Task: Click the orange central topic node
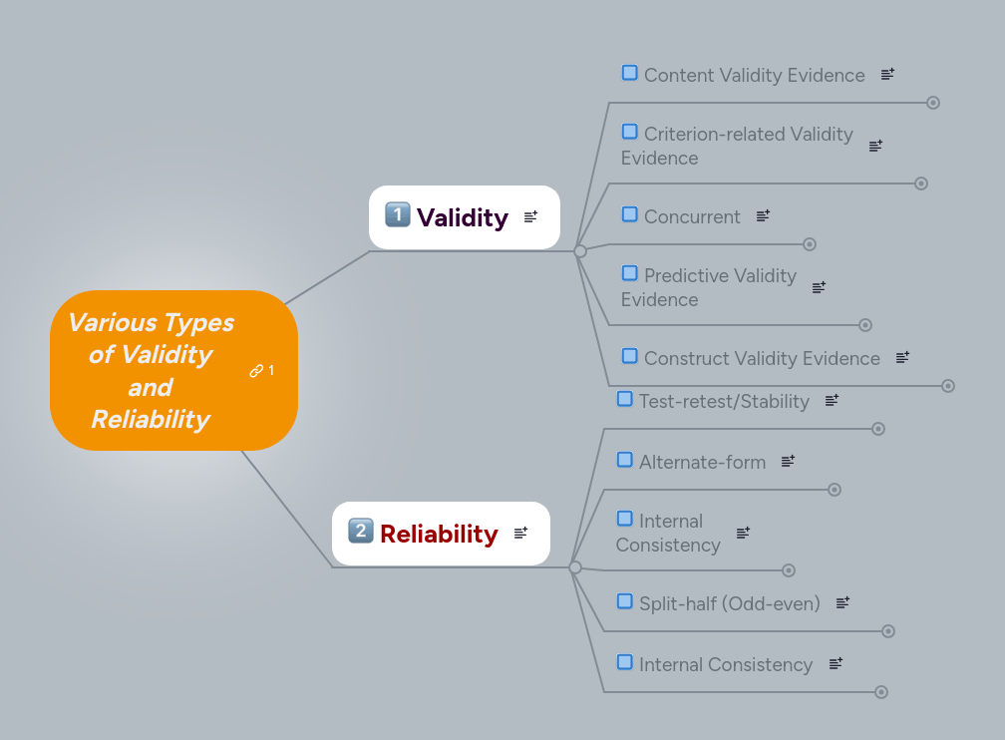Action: (x=150, y=370)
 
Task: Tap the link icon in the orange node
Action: (x=256, y=371)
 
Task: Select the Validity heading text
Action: (x=463, y=217)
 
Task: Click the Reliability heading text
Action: (x=439, y=534)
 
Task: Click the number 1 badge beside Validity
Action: (x=397, y=214)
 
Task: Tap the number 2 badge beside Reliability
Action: (x=360, y=531)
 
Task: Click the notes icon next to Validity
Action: (x=530, y=216)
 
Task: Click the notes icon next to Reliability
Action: (x=520, y=534)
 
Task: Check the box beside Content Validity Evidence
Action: (x=630, y=73)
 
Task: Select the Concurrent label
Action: (x=692, y=216)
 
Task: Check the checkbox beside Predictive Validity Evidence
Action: (x=630, y=273)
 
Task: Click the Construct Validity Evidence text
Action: (x=762, y=358)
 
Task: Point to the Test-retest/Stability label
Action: (x=724, y=401)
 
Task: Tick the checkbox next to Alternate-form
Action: (x=625, y=460)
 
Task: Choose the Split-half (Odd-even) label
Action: (x=729, y=603)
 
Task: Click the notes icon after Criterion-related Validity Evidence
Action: (x=875, y=146)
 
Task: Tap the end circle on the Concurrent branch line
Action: (x=810, y=244)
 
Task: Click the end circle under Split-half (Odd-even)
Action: (x=888, y=631)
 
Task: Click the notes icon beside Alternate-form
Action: (x=788, y=461)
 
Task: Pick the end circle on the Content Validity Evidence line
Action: (x=933, y=103)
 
